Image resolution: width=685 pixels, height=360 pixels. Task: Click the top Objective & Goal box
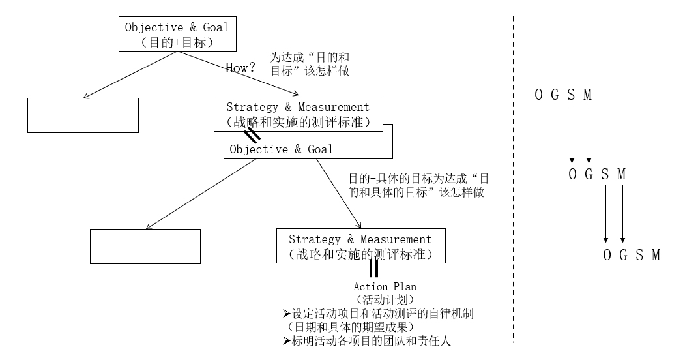(x=177, y=35)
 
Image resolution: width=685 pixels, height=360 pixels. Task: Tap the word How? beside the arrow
(x=239, y=68)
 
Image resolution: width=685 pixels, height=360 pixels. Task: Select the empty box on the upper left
(x=83, y=115)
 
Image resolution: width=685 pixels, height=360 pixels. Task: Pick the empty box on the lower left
(x=145, y=246)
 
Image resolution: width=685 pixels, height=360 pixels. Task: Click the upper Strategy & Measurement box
(x=298, y=113)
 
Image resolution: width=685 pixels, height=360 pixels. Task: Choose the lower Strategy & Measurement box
(x=360, y=246)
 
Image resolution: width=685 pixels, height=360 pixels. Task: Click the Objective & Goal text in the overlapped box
(x=282, y=149)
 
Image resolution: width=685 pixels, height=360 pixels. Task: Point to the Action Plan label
(x=385, y=286)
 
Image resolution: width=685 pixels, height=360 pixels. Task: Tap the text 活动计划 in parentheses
(x=385, y=300)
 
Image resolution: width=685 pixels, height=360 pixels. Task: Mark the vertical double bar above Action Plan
(x=373, y=269)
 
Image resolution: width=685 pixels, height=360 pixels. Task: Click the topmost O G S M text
(x=563, y=95)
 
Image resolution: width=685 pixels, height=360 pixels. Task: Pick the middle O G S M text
(x=597, y=175)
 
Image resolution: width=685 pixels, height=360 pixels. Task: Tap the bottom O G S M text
(x=631, y=255)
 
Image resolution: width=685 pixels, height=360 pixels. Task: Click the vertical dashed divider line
(x=514, y=179)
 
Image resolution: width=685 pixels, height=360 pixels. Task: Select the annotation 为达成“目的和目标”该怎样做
(x=310, y=65)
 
